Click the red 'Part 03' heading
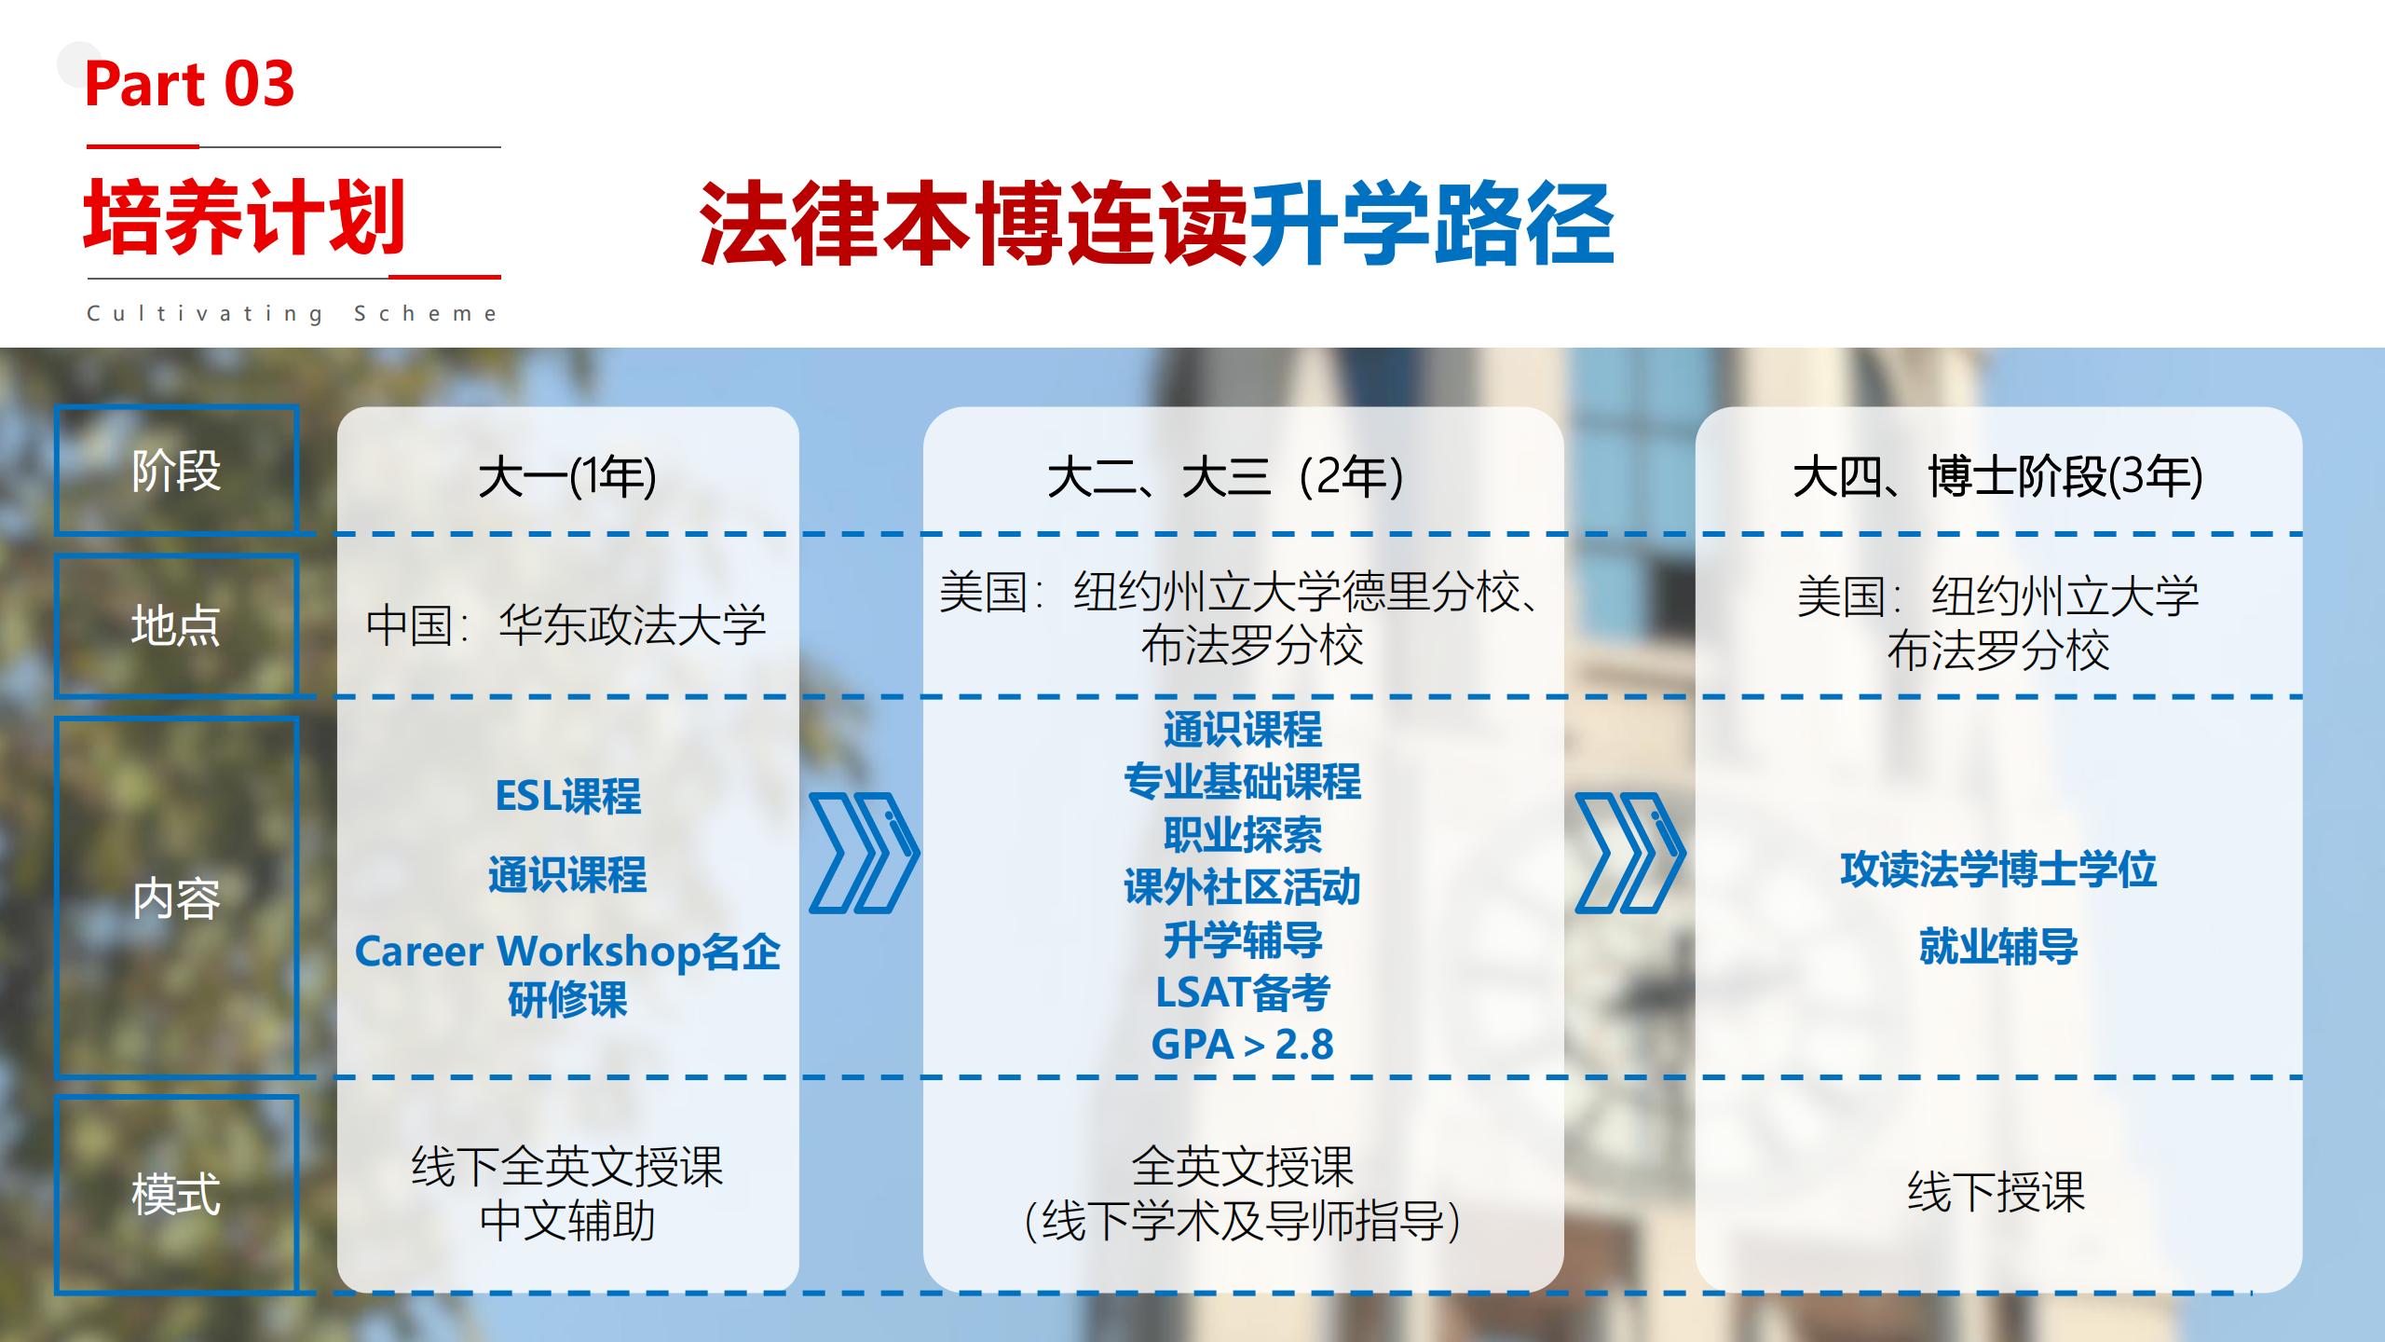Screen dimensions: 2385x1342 pyautogui.click(x=189, y=84)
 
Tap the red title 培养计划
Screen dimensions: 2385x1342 pyautogui.click(x=245, y=217)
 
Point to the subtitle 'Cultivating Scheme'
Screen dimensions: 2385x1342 pyautogui.click(x=293, y=314)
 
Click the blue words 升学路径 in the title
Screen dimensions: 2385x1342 pyautogui.click(x=1432, y=224)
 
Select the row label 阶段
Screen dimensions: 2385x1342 pyautogui.click(x=176, y=471)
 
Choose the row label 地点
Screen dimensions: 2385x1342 pyautogui.click(x=176, y=625)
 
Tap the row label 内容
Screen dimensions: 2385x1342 pyautogui.click(x=176, y=898)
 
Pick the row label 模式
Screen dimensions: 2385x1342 pyautogui.click(x=176, y=1194)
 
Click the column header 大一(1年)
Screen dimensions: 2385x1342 pyautogui.click(x=567, y=477)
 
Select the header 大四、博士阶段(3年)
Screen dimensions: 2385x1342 pyautogui.click(x=1998, y=477)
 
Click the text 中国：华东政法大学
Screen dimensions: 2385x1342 pyautogui.click(x=566, y=624)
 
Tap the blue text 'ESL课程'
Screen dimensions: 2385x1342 pyautogui.click(x=567, y=797)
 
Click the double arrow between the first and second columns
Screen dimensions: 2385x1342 pyautogui.click(x=864, y=853)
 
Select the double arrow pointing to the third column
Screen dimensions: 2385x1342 pyautogui.click(x=1629, y=853)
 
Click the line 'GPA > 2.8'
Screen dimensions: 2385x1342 pyautogui.click(x=1243, y=1044)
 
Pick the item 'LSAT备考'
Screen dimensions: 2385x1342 pyautogui.click(x=1243, y=993)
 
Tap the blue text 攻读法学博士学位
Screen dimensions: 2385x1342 pyautogui.click(x=1998, y=870)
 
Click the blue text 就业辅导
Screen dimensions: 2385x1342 pyautogui.click(x=1998, y=947)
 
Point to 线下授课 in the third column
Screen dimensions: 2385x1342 pyautogui.click(x=1996, y=1192)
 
